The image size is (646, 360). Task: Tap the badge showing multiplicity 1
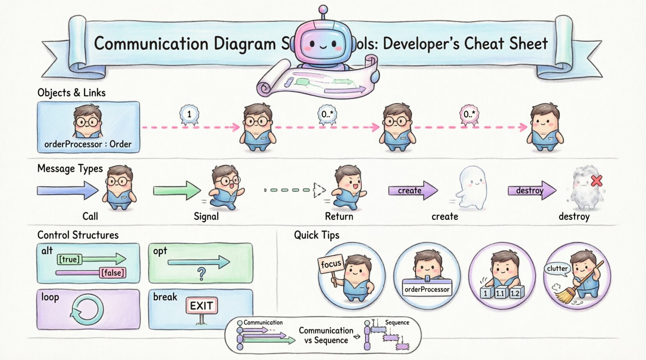click(x=189, y=114)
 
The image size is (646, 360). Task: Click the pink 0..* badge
click(x=469, y=114)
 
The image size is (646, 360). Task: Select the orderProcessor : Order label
click(x=88, y=144)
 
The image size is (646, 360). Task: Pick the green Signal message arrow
click(x=177, y=190)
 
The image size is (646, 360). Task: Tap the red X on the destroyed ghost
click(x=597, y=181)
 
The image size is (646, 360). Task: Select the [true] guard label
click(x=69, y=259)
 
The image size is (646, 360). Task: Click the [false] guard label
click(x=113, y=273)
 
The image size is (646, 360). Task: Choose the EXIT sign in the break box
click(x=201, y=306)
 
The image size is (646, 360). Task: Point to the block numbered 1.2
click(x=515, y=294)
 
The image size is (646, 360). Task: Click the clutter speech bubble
click(x=557, y=268)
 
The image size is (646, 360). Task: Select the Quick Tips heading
click(x=316, y=235)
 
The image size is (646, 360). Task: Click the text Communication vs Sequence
click(x=326, y=336)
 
